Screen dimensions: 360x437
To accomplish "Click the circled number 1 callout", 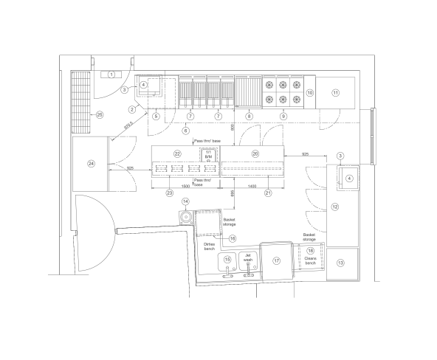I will [x=111, y=75].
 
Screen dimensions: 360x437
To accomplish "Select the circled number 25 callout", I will [x=98, y=114].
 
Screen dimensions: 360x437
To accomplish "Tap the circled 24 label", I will [x=92, y=163].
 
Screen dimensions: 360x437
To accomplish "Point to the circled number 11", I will [x=335, y=93].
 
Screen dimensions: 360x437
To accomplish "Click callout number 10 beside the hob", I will [x=310, y=93].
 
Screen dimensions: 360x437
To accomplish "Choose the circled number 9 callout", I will [x=283, y=116].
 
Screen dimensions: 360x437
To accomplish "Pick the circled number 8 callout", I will [x=249, y=116].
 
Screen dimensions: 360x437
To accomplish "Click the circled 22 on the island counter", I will [x=177, y=153].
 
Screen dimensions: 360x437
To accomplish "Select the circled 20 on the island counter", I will [x=255, y=153].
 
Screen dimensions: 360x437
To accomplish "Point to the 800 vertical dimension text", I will [x=233, y=128].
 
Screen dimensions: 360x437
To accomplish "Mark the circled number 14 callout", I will [x=186, y=201].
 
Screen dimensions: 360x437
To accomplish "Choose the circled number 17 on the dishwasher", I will [x=277, y=260].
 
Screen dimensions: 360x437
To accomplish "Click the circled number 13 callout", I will [x=340, y=262].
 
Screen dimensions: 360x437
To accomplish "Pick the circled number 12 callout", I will [x=334, y=207].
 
